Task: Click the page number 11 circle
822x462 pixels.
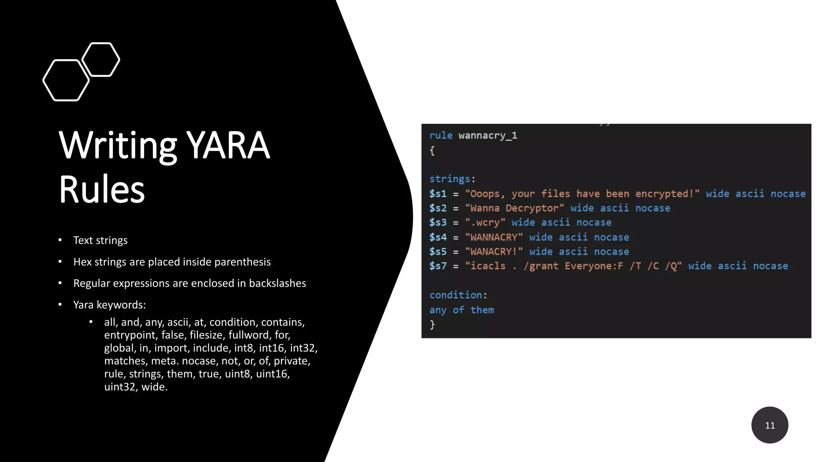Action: [769, 425]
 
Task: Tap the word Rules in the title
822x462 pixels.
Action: [102, 189]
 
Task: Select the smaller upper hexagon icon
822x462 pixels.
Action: [101, 59]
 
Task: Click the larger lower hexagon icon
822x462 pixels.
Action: [66, 80]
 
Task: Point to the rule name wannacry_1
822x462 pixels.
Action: [488, 136]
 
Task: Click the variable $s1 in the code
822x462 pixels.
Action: [437, 194]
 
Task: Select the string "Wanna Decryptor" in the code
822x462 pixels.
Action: [515, 208]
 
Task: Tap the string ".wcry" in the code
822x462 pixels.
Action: [485, 223]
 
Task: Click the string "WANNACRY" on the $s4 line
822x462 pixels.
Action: [494, 237]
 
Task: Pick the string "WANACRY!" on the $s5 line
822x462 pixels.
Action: [494, 252]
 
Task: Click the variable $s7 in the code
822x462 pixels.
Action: [437, 266]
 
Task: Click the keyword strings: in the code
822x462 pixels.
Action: [452, 179]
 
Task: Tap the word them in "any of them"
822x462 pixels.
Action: [482, 310]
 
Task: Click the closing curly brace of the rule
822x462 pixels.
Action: [432, 324]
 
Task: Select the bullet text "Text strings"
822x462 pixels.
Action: [100, 240]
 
